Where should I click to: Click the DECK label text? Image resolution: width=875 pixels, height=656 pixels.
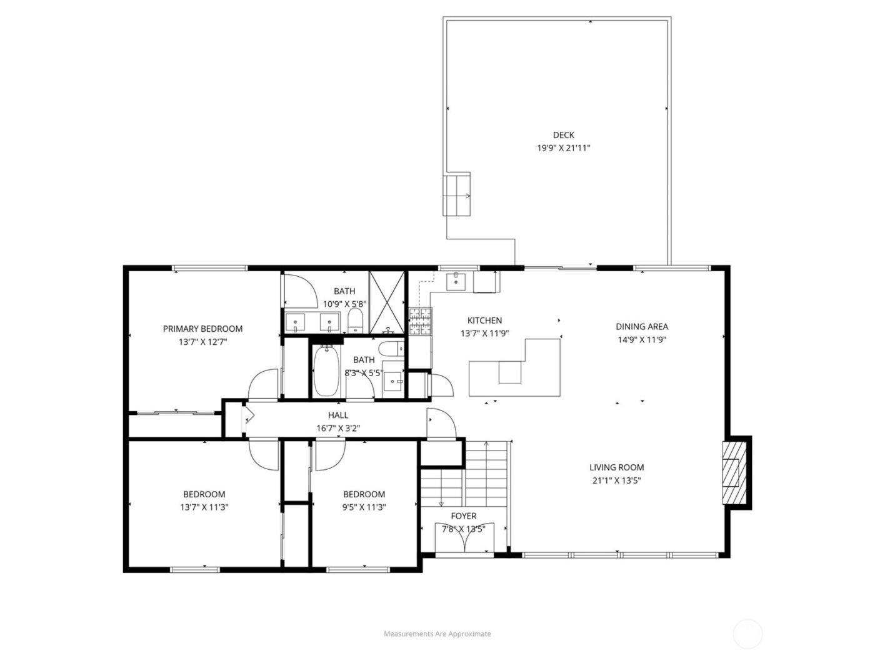(563, 135)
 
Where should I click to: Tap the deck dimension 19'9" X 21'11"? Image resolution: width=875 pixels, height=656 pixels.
(563, 149)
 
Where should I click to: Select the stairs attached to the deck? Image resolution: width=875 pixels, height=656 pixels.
(457, 196)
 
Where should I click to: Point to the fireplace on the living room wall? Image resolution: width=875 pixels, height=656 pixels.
(734, 472)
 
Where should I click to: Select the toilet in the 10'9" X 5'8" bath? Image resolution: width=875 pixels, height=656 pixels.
(355, 321)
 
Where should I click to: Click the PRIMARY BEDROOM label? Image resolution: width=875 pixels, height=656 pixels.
(202, 329)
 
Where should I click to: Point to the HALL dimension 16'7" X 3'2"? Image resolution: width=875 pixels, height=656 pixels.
(338, 429)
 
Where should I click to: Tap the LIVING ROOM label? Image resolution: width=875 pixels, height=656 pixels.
(616, 467)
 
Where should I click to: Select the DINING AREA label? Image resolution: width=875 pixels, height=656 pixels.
(641, 326)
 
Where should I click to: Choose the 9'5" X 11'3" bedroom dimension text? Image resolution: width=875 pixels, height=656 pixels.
(364, 507)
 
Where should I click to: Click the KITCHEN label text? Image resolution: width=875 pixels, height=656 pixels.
(484, 321)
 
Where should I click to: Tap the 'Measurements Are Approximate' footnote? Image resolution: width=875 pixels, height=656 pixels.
(437, 634)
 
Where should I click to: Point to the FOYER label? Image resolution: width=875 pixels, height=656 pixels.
(463, 516)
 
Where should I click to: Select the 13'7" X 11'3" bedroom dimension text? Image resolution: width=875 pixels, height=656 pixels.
(204, 507)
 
